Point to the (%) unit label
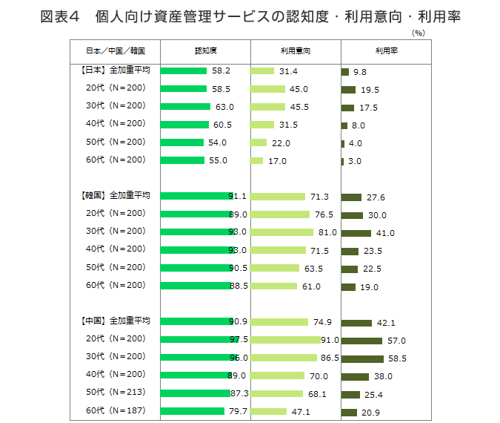tap(419, 33)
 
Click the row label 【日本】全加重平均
tap(115, 70)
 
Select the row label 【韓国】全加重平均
tap(115, 196)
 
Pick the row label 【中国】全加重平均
tap(115, 321)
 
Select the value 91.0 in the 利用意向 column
tap(330, 340)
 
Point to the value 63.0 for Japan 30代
tap(223, 107)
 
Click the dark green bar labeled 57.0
tap(362, 341)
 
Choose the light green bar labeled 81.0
tap(282, 232)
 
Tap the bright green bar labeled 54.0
tap(181, 142)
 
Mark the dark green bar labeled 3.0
tap(343, 161)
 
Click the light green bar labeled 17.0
tap(257, 160)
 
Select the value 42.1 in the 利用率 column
tap(386, 323)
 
